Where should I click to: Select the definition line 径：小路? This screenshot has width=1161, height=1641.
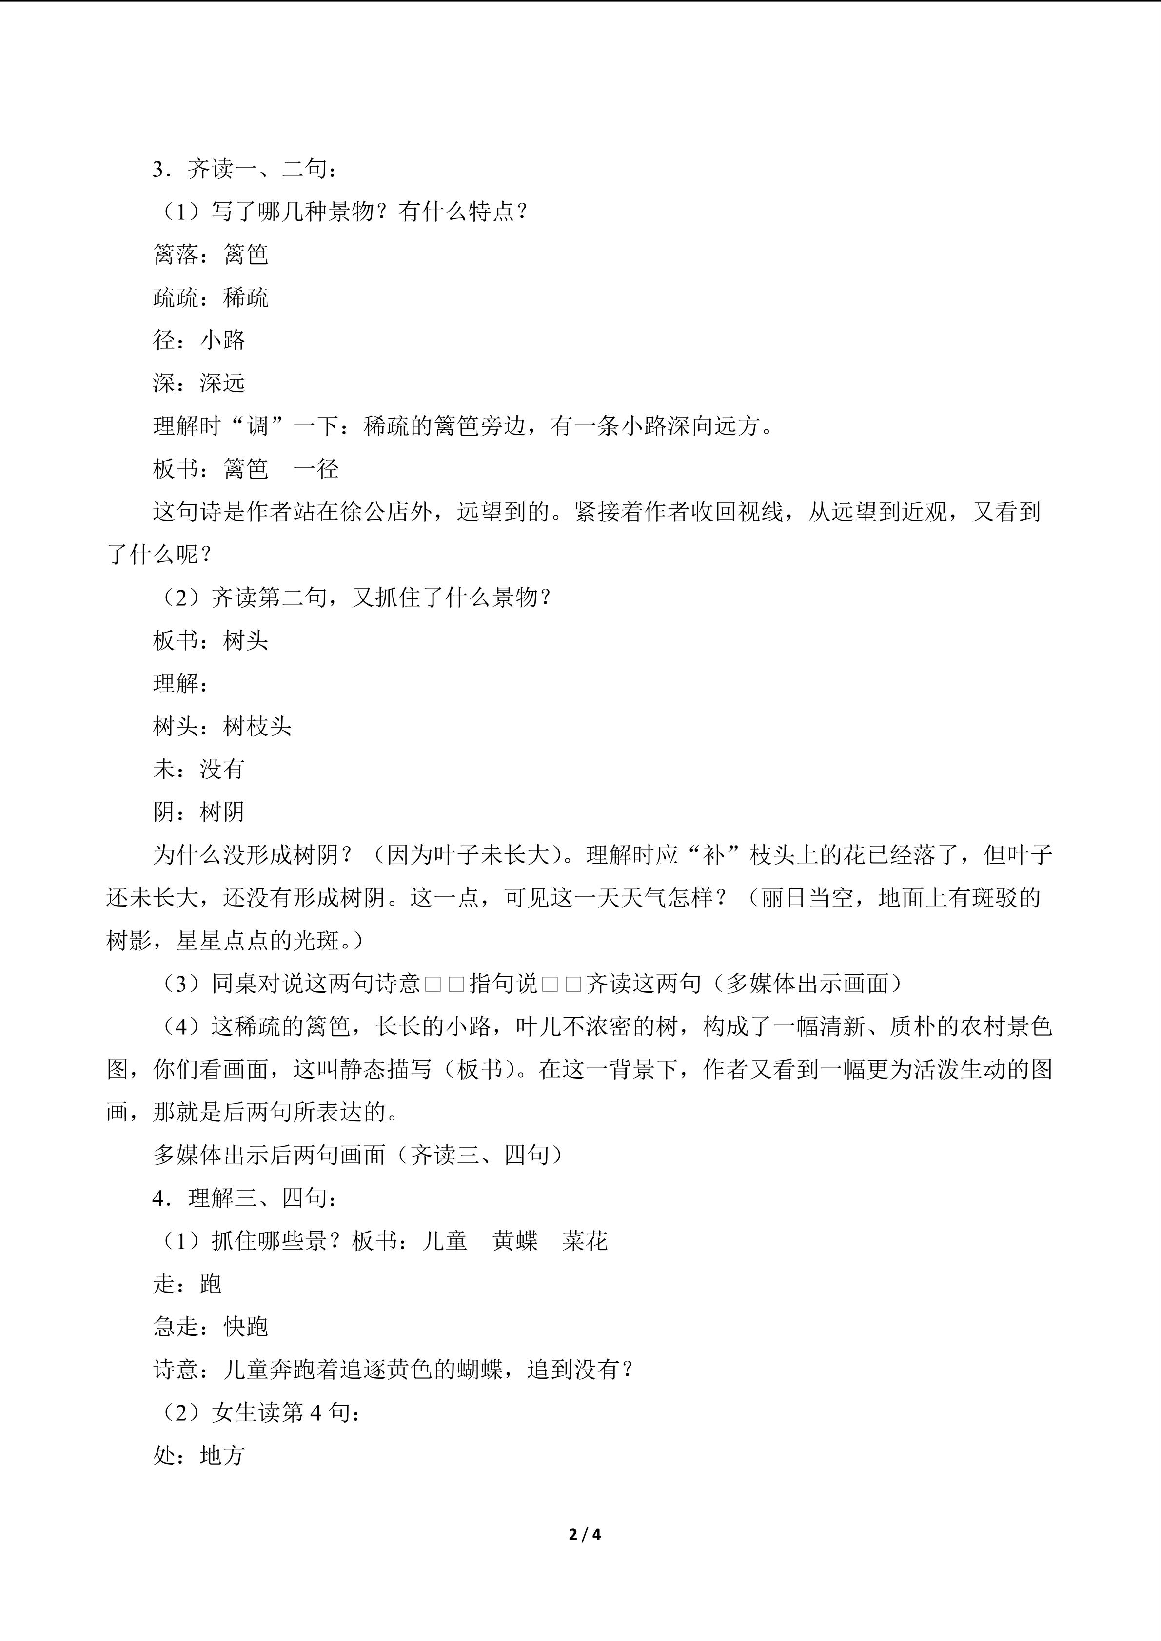199,340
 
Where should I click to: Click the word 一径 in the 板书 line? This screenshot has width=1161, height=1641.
316,469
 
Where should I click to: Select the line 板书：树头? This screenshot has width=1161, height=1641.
210,640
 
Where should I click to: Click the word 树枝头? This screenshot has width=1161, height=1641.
257,726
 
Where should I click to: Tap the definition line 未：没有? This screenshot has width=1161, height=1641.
199,769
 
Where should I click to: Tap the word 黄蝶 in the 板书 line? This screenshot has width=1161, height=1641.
515,1241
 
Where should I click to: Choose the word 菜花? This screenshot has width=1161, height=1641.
585,1241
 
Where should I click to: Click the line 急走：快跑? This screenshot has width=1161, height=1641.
210,1327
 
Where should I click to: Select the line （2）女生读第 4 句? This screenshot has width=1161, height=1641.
257,1412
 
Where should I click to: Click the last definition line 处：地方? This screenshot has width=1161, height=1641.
199,1455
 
